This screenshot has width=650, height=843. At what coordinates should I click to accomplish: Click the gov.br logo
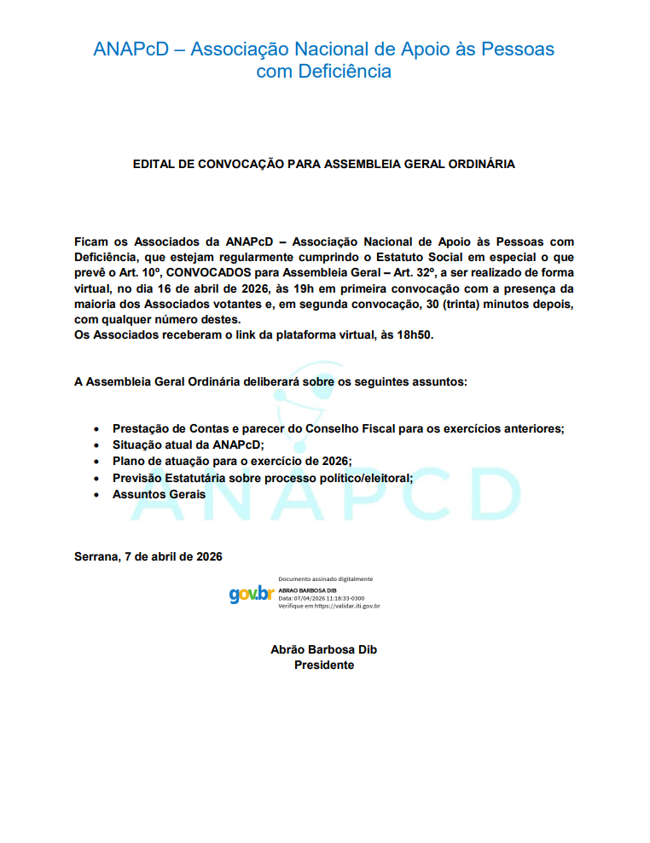tap(251, 593)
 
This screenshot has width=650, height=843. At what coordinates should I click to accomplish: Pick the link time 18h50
tap(415, 335)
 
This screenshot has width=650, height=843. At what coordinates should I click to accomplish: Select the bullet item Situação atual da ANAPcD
tap(189, 445)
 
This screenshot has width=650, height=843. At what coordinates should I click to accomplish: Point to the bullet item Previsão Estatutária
tap(263, 478)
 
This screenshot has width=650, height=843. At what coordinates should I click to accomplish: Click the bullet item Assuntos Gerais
tap(159, 494)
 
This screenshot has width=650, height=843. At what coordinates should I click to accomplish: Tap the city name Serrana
tap(96, 556)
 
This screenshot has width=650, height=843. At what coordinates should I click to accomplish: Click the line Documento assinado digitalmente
tap(326, 579)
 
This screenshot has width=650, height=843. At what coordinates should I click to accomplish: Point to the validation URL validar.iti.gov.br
tap(347, 606)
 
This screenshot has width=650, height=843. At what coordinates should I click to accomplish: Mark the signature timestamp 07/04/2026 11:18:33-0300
tap(327, 598)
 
